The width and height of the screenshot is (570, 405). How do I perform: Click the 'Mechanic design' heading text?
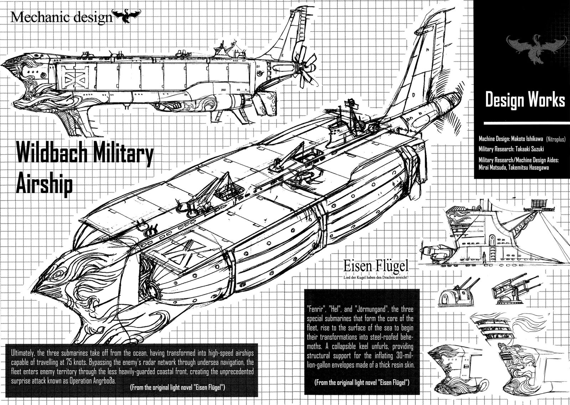[61, 17]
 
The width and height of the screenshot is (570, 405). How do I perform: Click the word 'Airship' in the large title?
[45, 185]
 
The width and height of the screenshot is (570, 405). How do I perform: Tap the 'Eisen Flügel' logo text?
[375, 266]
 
